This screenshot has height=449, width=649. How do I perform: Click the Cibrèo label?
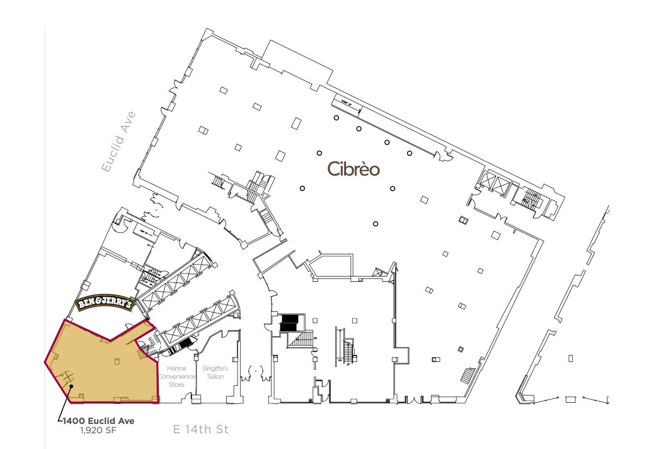click(353, 169)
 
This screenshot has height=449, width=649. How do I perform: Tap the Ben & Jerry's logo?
click(104, 304)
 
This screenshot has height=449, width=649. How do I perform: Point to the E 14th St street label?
click(201, 429)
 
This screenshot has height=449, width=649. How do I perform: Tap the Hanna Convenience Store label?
click(176, 376)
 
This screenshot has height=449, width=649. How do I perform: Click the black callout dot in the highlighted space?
click(71, 386)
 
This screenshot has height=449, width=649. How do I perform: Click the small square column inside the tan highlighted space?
click(117, 361)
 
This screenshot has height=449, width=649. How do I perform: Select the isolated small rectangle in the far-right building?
click(571, 358)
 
